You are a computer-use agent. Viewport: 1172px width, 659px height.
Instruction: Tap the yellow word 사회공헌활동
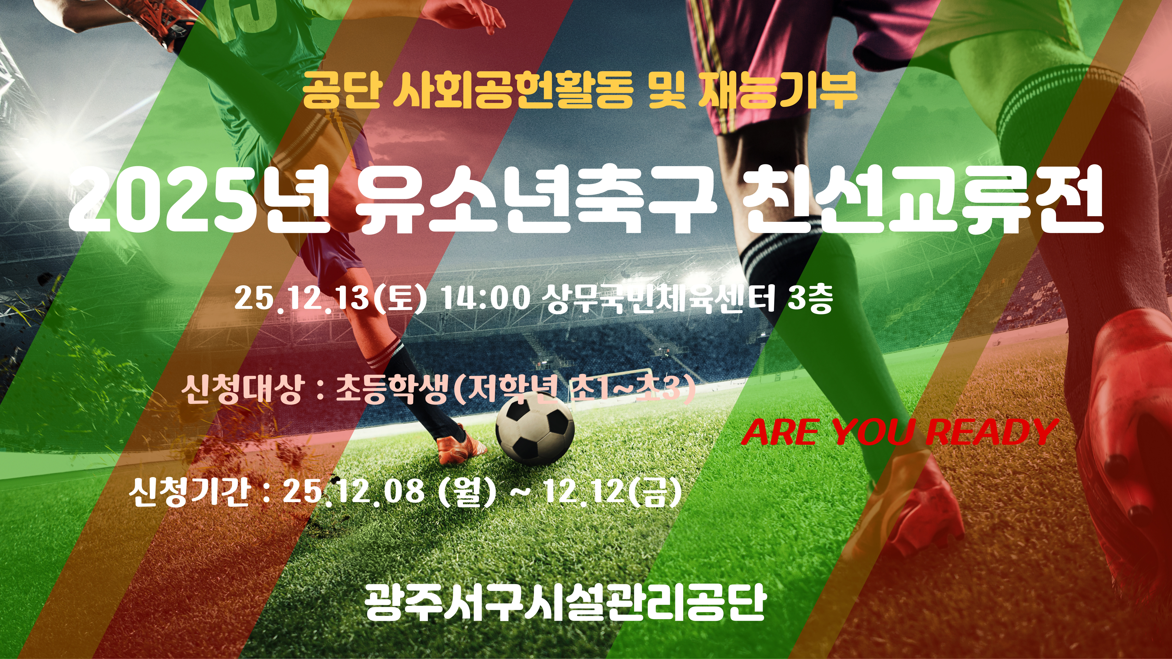coord(514,91)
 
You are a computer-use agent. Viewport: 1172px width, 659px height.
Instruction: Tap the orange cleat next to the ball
coord(460,446)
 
